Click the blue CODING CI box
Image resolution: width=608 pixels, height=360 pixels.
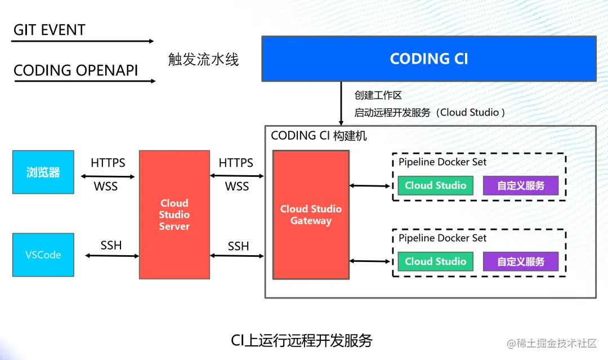click(429, 59)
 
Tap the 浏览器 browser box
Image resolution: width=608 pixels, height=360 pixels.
click(43, 172)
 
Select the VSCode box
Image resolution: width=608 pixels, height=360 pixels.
click(43, 255)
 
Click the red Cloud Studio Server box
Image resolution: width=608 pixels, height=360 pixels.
click(175, 215)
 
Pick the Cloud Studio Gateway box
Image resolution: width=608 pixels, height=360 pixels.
click(311, 215)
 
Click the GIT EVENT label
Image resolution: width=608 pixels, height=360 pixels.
click(49, 30)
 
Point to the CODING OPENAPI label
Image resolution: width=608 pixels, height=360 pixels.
click(75, 70)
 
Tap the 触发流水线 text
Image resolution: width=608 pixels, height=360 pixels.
click(204, 59)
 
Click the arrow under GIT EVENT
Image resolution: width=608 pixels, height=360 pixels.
click(83, 41)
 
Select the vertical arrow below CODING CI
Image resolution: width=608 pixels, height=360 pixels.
click(341, 103)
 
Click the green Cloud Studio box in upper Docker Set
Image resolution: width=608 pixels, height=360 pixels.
click(435, 185)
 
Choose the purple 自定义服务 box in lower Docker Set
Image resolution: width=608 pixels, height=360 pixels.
click(521, 261)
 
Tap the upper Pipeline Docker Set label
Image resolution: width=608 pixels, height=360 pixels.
click(442, 162)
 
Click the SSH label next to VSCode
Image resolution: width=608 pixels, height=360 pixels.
click(111, 245)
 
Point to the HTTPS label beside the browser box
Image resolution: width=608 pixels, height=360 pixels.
click(108, 163)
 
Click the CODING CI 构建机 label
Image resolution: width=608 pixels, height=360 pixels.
click(319, 135)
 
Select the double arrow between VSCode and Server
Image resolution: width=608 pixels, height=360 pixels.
click(112, 256)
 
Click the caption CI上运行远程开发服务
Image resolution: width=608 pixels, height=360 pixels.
click(302, 341)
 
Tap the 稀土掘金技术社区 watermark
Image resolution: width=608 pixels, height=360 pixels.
click(552, 343)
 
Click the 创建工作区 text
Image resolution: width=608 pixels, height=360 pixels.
click(378, 95)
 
